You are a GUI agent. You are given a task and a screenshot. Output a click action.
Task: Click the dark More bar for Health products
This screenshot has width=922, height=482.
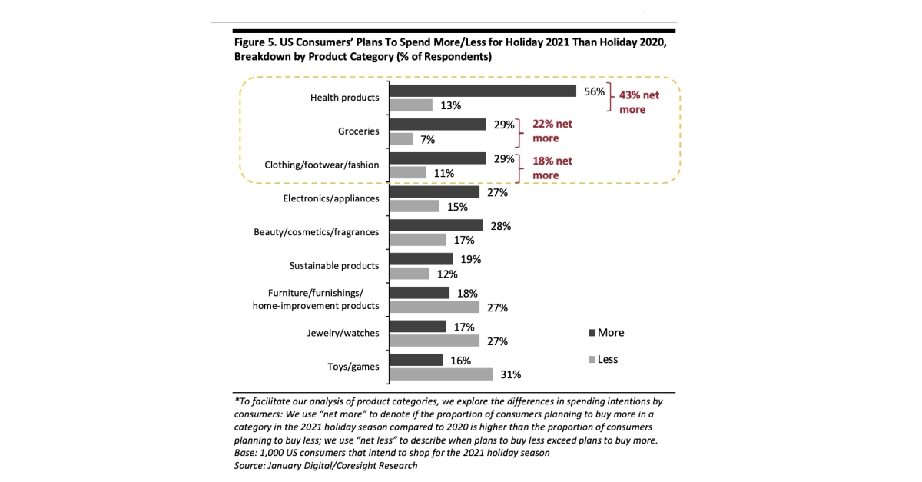point(483,91)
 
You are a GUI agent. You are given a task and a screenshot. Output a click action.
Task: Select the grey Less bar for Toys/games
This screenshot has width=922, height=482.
point(440,374)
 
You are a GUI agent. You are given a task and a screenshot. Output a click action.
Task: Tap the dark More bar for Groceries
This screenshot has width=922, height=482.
point(437,124)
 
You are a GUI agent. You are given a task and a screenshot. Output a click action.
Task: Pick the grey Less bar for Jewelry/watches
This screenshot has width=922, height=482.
point(434,341)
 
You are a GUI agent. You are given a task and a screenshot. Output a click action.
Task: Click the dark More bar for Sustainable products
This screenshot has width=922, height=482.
point(421,259)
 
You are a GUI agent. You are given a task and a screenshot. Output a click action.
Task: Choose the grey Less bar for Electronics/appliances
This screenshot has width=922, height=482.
point(414,206)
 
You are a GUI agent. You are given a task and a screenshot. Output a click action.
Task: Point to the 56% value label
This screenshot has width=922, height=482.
point(594,91)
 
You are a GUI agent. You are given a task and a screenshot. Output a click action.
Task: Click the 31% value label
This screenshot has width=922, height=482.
point(511,375)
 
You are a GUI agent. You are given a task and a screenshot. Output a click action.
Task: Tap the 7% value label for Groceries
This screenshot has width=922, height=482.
point(428,139)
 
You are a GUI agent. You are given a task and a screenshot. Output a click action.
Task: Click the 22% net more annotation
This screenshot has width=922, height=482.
point(552,131)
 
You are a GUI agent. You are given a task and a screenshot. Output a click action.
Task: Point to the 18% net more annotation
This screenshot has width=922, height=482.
point(552,168)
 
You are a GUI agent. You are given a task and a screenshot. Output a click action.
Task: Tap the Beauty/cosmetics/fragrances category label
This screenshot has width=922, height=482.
point(317,231)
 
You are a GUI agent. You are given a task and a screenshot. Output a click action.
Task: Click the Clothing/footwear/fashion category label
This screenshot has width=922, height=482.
point(322,165)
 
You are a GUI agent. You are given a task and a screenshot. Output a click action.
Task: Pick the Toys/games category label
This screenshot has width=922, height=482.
point(353,367)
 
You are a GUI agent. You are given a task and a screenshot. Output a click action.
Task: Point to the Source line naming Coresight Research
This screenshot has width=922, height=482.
point(326,466)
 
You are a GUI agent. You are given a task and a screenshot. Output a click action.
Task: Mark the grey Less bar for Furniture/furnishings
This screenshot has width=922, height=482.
point(434,307)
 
